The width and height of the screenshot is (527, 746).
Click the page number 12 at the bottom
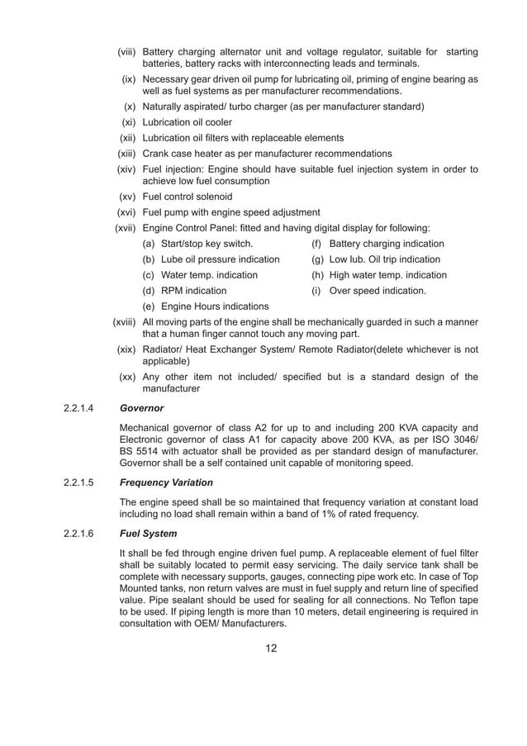[x=271, y=647]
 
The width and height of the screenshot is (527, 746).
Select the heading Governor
[x=142, y=407]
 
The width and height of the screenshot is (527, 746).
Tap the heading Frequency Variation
[x=167, y=482]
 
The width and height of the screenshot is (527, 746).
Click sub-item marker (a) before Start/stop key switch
[x=149, y=244]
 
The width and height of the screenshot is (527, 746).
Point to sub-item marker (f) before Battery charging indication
[x=316, y=244]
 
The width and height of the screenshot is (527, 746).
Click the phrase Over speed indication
[x=377, y=291]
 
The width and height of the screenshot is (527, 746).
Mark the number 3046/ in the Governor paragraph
[x=461, y=440]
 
